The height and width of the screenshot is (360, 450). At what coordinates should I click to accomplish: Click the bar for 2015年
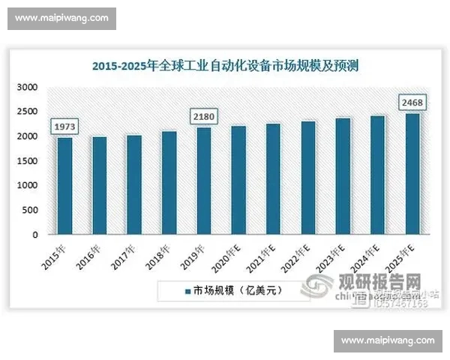(x=64, y=185)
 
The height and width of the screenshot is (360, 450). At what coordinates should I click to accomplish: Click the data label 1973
(x=64, y=126)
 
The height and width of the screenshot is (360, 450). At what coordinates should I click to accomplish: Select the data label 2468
(x=411, y=101)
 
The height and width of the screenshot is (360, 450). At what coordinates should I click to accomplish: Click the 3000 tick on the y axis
(x=27, y=88)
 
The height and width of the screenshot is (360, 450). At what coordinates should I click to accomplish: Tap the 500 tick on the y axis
(x=30, y=210)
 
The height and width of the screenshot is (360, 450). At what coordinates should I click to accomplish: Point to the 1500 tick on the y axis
(x=27, y=161)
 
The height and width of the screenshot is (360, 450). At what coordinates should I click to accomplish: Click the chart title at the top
(x=225, y=66)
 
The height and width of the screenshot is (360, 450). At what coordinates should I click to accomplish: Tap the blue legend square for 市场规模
(x=187, y=290)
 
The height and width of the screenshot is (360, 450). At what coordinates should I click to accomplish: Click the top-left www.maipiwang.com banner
(x=61, y=18)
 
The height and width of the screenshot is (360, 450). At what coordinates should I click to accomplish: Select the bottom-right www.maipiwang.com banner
(x=388, y=340)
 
